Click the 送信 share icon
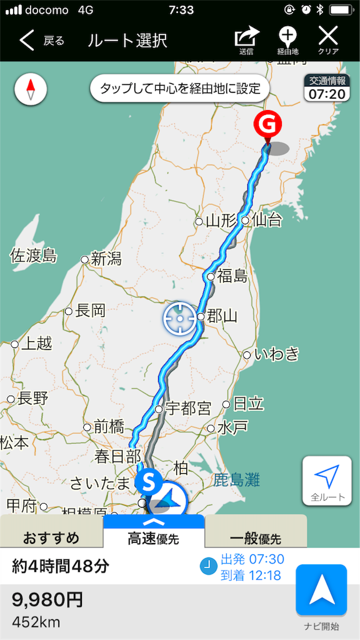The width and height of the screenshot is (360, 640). pos(246,39)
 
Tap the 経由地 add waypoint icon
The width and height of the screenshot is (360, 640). pos(287,39)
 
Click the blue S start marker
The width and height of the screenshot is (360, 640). pos(148,481)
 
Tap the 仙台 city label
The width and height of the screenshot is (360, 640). pos(264,219)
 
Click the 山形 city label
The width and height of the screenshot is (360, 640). pos(220,221)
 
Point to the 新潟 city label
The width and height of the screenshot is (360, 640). pos(106,259)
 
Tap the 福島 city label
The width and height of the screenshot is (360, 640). pos(232,276)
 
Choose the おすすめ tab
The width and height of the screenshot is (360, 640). pos(51,537)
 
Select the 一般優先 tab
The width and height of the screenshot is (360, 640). pos(255,537)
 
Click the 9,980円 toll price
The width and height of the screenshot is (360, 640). pos(47,600)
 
